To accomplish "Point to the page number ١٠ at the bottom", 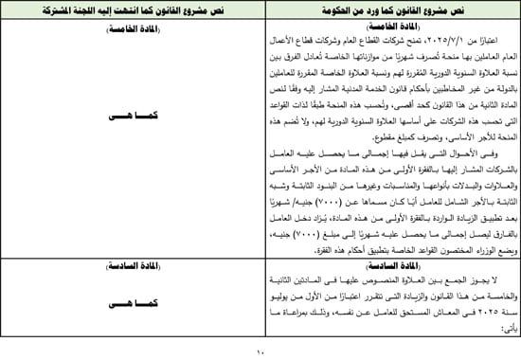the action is tap(260, 352).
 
